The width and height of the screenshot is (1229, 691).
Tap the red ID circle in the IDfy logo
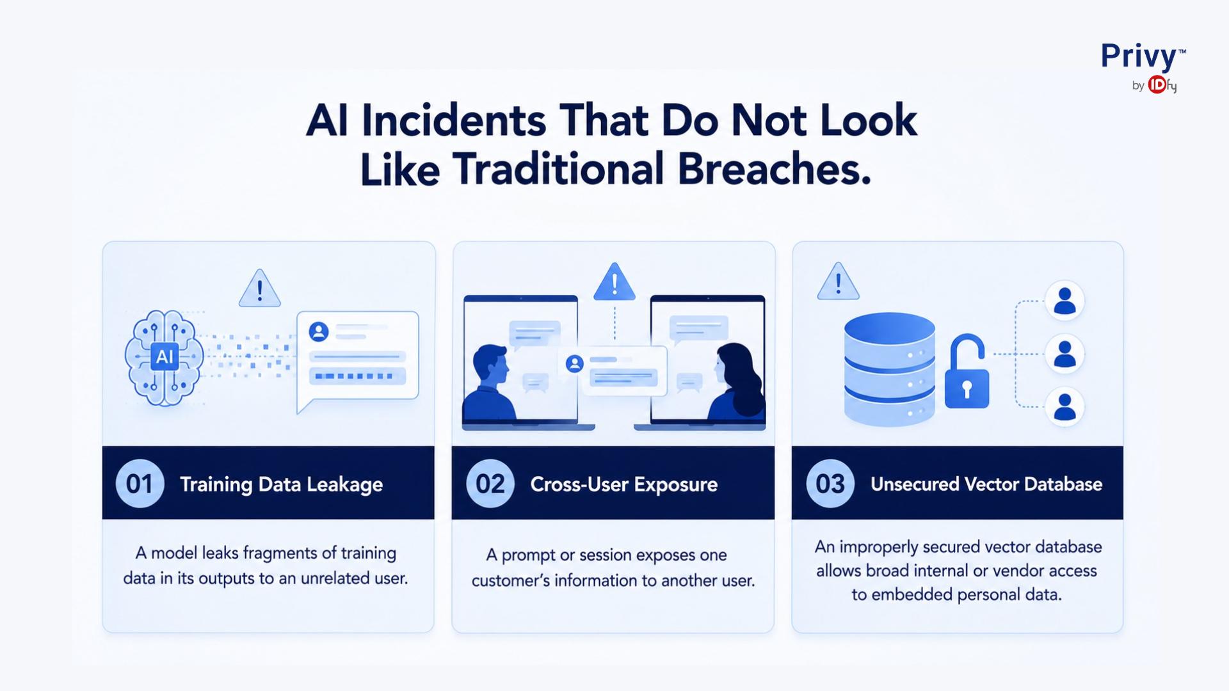pos(1157,84)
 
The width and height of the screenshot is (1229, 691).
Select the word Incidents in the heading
pos(454,120)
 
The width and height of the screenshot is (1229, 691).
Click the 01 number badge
pos(140,484)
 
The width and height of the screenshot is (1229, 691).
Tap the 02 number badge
pos(490,484)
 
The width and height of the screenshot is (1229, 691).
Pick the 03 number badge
pos(830,484)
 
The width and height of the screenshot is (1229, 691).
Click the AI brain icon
pos(165,358)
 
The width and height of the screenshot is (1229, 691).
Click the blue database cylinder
pos(889,369)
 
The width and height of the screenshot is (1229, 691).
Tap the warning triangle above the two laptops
pos(614,282)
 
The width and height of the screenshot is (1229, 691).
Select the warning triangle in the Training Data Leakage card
pos(259,288)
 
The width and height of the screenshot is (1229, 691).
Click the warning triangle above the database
pos(838,281)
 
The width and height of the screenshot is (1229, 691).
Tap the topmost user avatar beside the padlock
pos(1064,300)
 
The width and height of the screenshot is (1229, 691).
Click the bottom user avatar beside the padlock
pos(1064,407)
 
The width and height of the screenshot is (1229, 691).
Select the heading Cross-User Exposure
pos(624,484)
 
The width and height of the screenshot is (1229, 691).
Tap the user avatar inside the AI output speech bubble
pos(319,331)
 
